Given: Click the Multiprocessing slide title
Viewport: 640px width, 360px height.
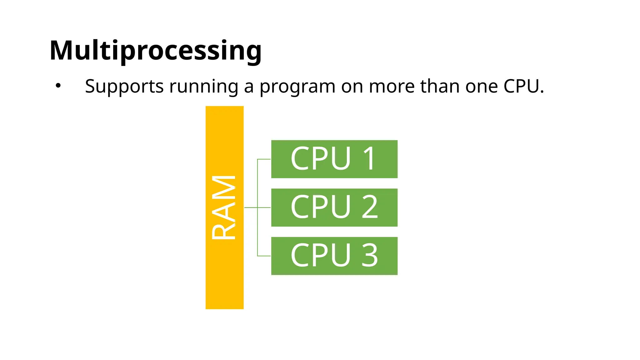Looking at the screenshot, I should point(155,51).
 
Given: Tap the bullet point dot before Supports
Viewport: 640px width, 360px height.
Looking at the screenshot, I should point(58,86).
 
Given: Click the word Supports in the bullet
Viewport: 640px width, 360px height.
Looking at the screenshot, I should point(124,86).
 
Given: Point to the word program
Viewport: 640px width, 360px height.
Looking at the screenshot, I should point(297,86).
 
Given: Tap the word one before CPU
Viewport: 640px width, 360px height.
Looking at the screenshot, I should point(481,86).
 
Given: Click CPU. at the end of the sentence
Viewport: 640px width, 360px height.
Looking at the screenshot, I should point(524,86).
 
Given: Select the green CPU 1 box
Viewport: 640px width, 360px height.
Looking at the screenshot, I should point(334,159).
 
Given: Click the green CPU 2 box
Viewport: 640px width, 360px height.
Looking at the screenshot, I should point(334,207).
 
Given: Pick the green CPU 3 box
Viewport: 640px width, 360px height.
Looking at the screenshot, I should point(334,256).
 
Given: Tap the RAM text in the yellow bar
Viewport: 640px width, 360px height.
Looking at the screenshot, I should point(224,207).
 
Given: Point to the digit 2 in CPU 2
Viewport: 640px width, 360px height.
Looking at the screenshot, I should point(370,207).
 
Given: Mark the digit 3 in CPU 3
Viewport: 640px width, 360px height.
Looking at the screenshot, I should point(370,255).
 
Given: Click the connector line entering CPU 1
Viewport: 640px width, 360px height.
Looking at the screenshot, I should point(264,159).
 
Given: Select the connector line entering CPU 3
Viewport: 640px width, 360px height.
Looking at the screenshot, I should point(264,256).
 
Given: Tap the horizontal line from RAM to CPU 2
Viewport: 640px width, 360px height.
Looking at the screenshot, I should point(251,207).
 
